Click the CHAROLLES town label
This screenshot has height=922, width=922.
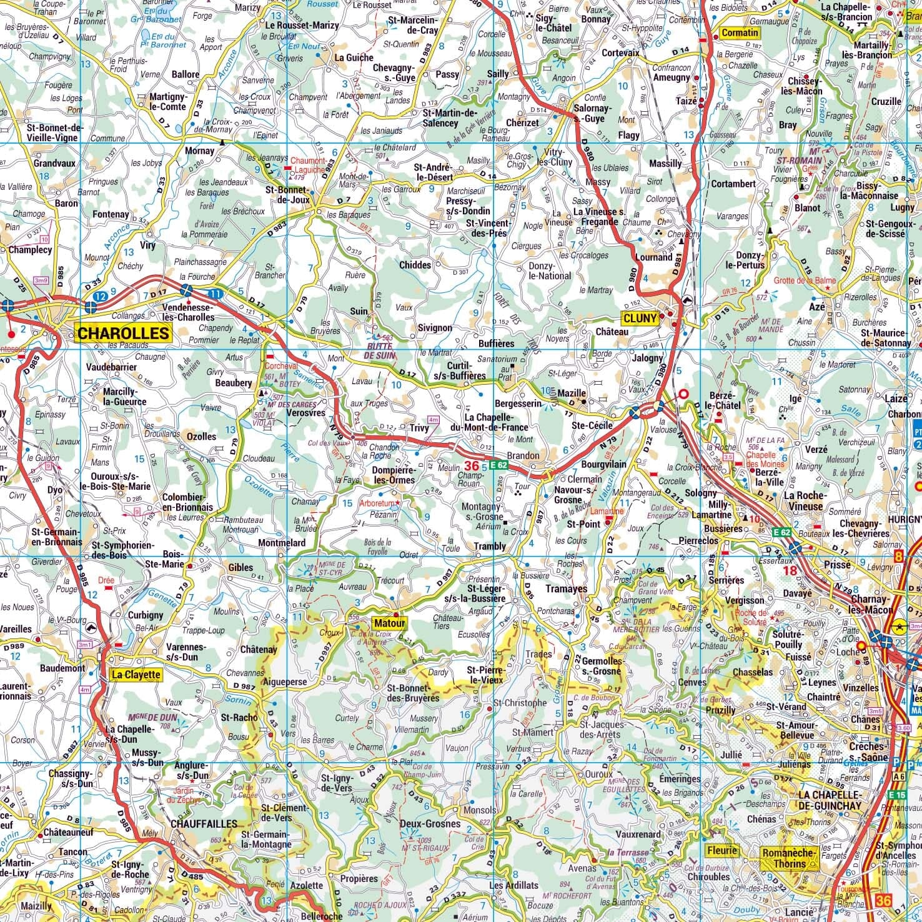click(124, 332)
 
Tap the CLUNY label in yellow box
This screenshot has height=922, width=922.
click(640, 318)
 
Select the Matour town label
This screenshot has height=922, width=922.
click(390, 623)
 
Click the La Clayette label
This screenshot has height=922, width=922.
click(136, 675)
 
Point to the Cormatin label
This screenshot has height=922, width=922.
click(740, 32)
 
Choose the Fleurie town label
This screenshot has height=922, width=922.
click(722, 850)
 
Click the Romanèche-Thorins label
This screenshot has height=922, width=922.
click(789, 857)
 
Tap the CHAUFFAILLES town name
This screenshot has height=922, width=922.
click(204, 824)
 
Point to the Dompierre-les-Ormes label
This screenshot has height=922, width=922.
click(393, 474)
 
